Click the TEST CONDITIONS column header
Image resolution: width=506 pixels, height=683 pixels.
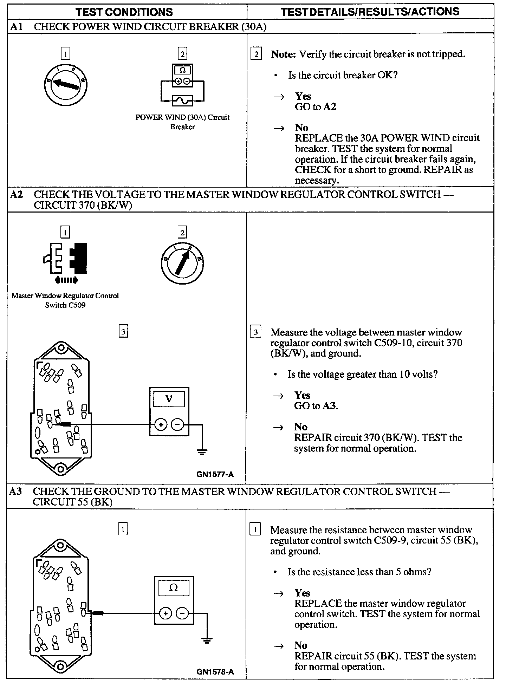[124, 12]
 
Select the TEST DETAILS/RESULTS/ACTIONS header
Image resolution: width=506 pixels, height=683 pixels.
[370, 12]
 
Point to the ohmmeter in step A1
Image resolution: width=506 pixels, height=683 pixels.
[182, 75]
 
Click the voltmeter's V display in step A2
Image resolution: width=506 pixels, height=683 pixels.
[169, 399]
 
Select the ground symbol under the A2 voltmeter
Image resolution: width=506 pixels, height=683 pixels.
[202, 451]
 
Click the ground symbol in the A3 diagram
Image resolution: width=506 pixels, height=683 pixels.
[207, 640]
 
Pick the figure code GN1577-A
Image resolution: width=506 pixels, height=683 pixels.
[215, 475]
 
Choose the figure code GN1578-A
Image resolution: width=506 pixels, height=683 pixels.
[215, 672]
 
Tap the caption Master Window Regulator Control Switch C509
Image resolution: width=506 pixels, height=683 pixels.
[65, 300]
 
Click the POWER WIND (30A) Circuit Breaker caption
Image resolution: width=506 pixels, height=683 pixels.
[182, 122]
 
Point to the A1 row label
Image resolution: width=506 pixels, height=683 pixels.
[17, 27]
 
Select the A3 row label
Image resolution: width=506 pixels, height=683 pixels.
[16, 491]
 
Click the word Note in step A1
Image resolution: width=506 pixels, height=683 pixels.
[283, 54]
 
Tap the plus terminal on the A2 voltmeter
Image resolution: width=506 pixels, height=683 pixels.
[161, 425]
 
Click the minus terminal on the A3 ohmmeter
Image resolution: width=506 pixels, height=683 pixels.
[182, 614]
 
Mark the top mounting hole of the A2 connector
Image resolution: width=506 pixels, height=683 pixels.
[61, 349]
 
